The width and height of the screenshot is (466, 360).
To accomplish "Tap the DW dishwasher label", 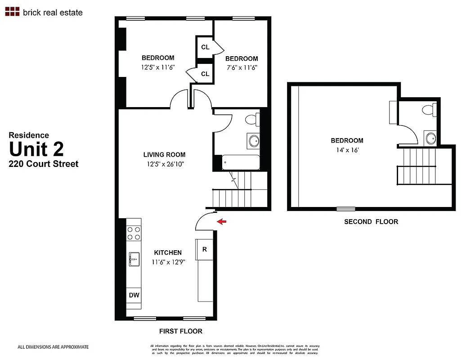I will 134,295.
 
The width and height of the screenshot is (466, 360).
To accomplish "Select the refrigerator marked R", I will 204,249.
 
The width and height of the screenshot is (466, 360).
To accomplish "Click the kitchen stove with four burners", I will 134,233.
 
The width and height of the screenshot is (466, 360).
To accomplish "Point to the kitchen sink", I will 134,259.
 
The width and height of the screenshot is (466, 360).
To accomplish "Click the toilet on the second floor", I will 428,109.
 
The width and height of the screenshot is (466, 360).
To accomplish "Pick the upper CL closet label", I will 205,47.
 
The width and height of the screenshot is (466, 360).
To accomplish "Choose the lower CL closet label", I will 205,74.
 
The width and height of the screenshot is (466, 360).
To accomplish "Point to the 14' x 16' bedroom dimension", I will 347,150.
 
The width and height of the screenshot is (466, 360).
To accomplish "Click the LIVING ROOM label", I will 164,155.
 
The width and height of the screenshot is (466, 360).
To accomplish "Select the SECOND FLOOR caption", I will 371,221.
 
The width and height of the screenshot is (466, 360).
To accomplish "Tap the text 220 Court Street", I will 44,164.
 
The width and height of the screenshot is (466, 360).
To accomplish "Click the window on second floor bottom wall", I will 345,209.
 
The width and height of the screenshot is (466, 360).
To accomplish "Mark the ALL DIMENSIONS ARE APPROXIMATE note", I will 53,347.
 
